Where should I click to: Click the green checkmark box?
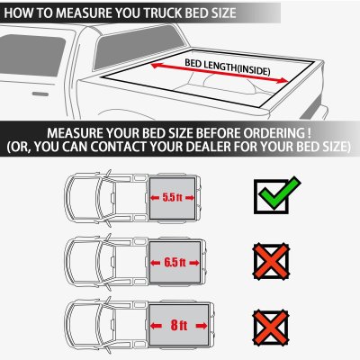tap(276, 195)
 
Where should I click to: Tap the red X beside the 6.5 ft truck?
tap(271, 262)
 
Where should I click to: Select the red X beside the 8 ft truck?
tap(271, 328)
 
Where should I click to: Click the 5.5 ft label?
tap(172, 197)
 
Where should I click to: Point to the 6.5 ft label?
tap(175, 263)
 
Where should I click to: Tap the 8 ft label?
tap(179, 325)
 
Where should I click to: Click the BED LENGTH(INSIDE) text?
tap(228, 67)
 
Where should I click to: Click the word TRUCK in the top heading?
tap(162, 13)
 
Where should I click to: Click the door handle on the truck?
tap(40, 94)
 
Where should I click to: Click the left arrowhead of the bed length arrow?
tap(155, 65)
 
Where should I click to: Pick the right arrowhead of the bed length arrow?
tap(283, 80)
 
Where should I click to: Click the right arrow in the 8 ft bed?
tap(202, 326)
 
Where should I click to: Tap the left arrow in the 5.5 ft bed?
tap(155, 197)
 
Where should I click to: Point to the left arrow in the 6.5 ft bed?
tap(156, 263)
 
